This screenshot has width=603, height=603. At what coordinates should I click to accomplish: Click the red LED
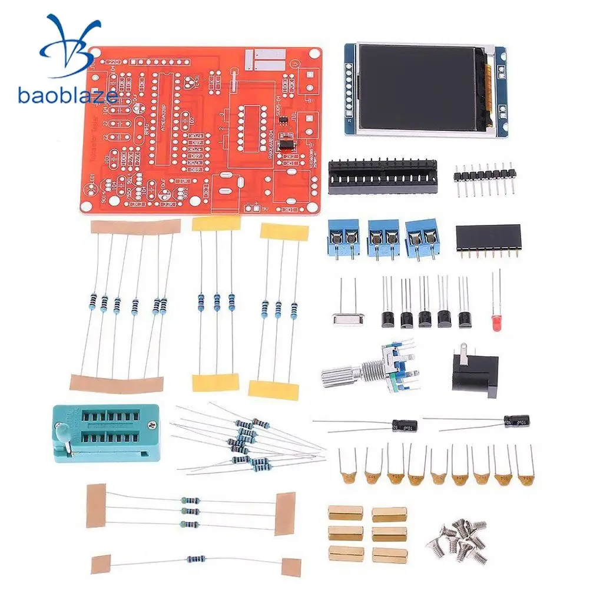pyautogui.click(x=496, y=322)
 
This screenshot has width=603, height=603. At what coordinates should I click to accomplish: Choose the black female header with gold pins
pyautogui.click(x=488, y=238)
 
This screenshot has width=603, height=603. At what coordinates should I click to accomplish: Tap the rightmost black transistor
pyautogui.click(x=465, y=319)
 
